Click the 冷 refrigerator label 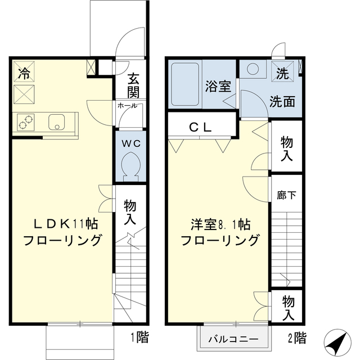pos(24,73)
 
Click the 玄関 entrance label pos(133,85)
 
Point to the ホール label pos(127,106)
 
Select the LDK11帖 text pos(62,223)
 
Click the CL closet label pos(200,128)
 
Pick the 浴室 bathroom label pos(218,86)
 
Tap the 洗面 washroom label pos(282,102)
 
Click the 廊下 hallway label pos(287,195)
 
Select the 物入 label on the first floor pos(130,211)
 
